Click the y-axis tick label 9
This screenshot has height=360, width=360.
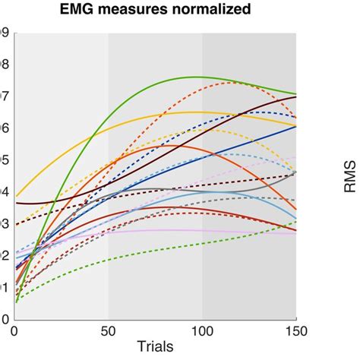(x=5, y=33)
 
